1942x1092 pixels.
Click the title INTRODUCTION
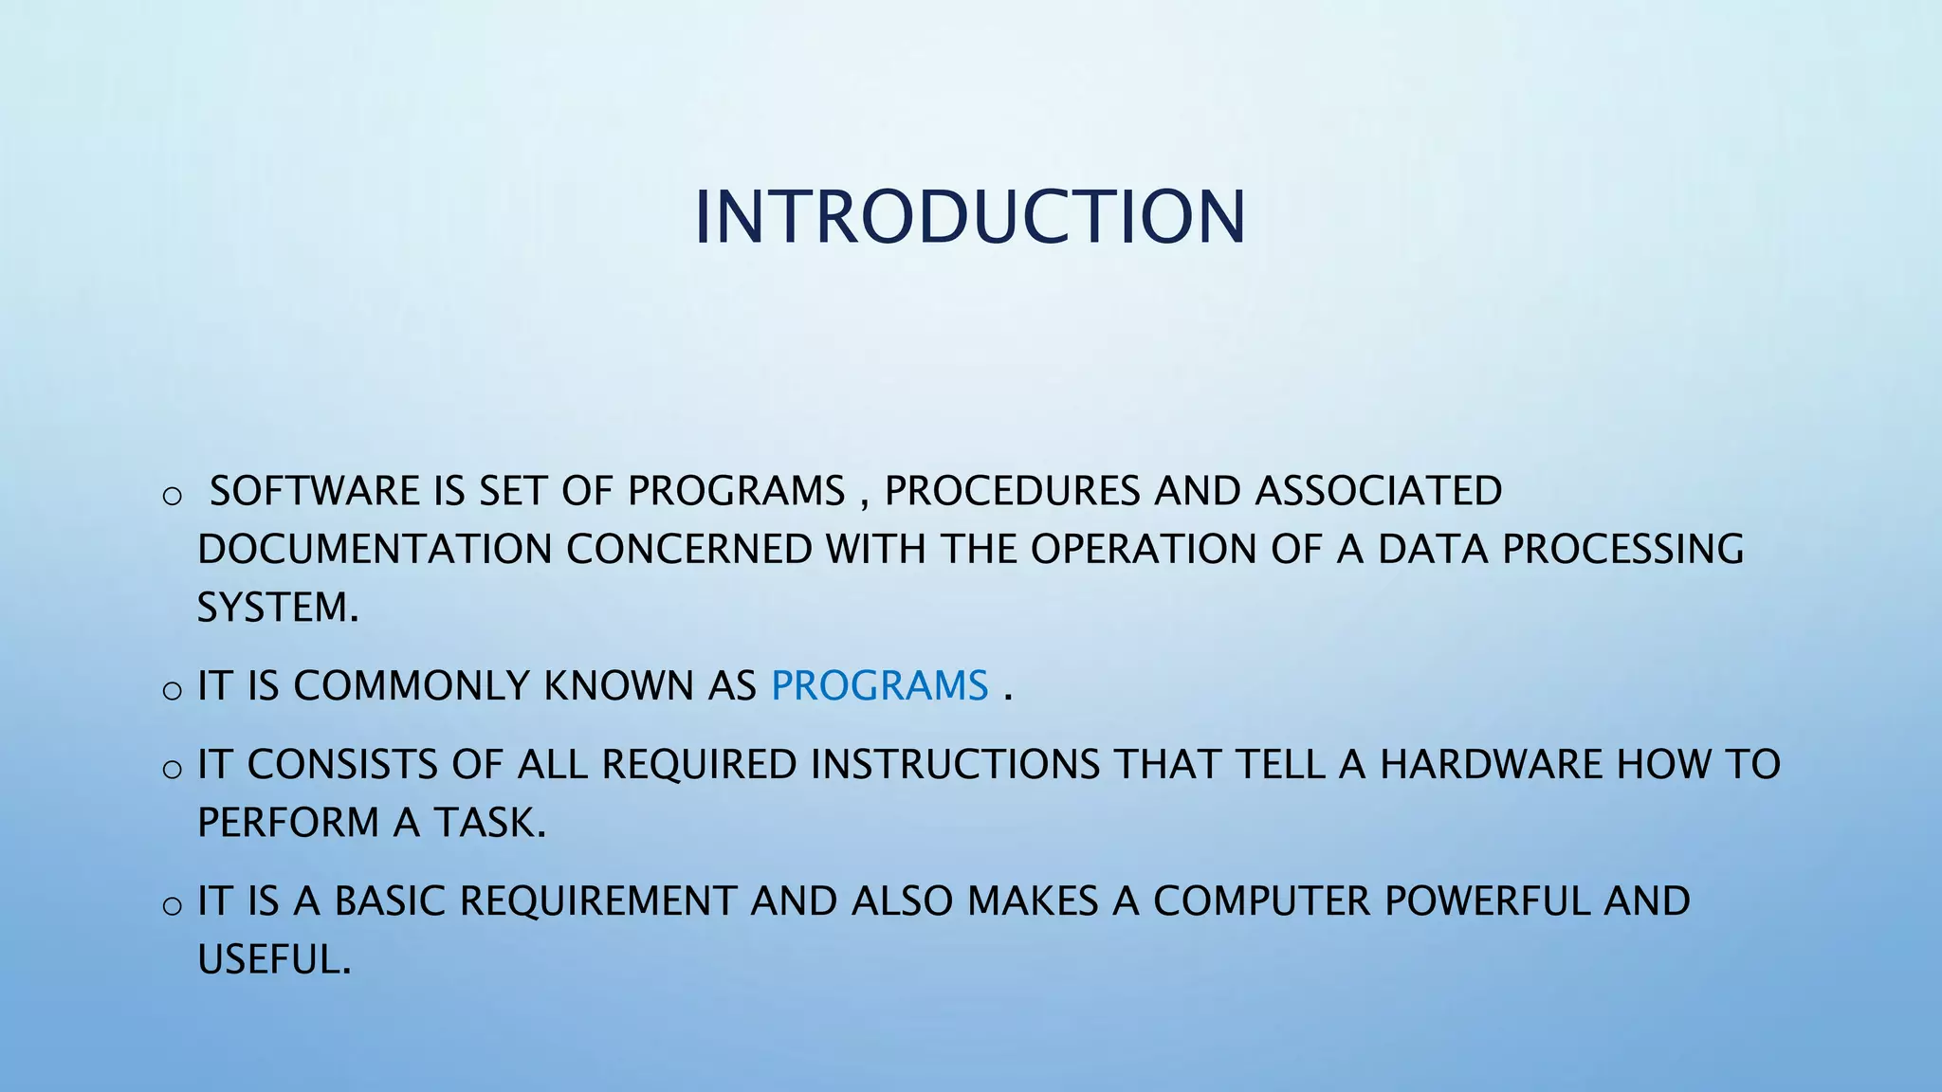pyautogui.click(x=969, y=218)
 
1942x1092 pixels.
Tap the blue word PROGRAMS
pyautogui.click(x=879, y=686)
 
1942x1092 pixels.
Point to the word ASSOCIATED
pyautogui.click(x=1379, y=491)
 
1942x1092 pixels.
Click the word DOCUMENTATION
pyautogui.click(x=375, y=550)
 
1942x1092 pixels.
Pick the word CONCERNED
pyautogui.click(x=689, y=550)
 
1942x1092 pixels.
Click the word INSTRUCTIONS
pyautogui.click(x=954, y=765)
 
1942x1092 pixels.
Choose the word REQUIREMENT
pyautogui.click(x=598, y=901)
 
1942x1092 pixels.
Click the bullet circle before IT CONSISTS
pyautogui.click(x=172, y=769)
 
